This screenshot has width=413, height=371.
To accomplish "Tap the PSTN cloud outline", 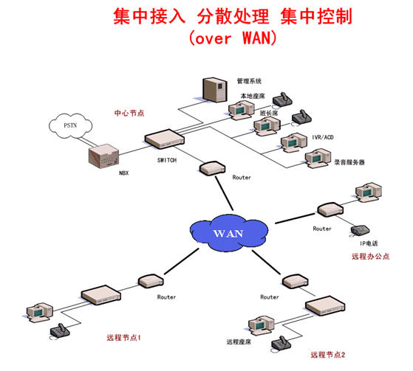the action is point(71,114).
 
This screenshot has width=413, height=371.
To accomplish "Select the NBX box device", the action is point(103,156).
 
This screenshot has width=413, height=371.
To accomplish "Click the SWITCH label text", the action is point(167,160).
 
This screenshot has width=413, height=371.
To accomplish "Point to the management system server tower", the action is point(215,89).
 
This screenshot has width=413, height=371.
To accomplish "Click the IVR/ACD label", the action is point(323,137).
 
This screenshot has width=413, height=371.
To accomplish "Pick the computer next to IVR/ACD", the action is point(294,143).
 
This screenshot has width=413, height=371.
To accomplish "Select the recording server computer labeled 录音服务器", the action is point(318,159).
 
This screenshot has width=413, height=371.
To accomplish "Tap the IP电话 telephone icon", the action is point(360,230).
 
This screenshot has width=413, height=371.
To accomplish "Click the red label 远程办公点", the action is point(370,257).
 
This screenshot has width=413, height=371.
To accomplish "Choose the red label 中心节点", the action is point(129,113).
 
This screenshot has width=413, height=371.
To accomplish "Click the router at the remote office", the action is point(330,209).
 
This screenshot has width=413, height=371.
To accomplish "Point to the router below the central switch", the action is point(212,168).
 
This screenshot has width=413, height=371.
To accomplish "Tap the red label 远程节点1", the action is point(123,338).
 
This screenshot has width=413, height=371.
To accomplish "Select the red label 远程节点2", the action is point(327,355).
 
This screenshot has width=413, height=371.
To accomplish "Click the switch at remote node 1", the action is point(101,295).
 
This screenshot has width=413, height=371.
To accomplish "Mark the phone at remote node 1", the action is point(60,330).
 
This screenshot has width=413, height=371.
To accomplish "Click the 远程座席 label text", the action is point(239,341).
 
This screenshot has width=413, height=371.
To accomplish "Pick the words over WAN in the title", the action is point(233,38).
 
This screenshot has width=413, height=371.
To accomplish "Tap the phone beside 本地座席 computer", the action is point(282,100).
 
